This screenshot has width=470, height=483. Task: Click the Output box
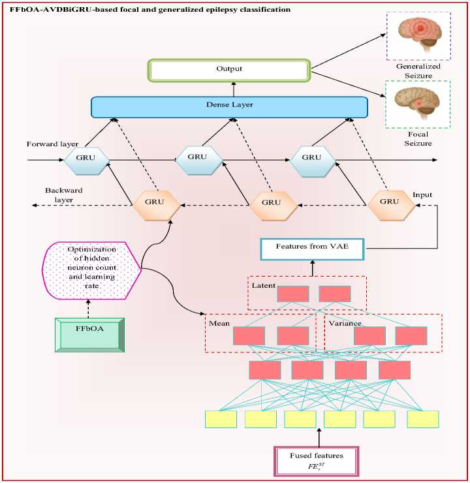(229, 70)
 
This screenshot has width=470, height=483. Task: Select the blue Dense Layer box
(230, 107)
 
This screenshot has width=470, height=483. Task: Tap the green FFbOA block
(89, 335)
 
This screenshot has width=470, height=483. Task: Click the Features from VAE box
(312, 249)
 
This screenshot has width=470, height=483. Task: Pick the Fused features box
(317, 461)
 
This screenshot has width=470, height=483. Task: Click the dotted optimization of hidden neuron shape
(91, 270)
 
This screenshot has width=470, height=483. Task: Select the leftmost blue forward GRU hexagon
(87, 160)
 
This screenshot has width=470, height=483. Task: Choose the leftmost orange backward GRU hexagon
(156, 205)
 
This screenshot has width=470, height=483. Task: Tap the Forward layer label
(52, 144)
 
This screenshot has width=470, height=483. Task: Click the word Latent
(263, 285)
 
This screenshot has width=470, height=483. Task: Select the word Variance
(345, 324)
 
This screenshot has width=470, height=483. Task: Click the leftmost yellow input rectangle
(221, 419)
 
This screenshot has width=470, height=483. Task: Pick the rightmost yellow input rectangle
(423, 419)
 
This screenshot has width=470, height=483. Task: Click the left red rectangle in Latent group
(293, 294)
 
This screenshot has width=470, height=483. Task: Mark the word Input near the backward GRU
(422, 195)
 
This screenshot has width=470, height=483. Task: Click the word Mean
(219, 324)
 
